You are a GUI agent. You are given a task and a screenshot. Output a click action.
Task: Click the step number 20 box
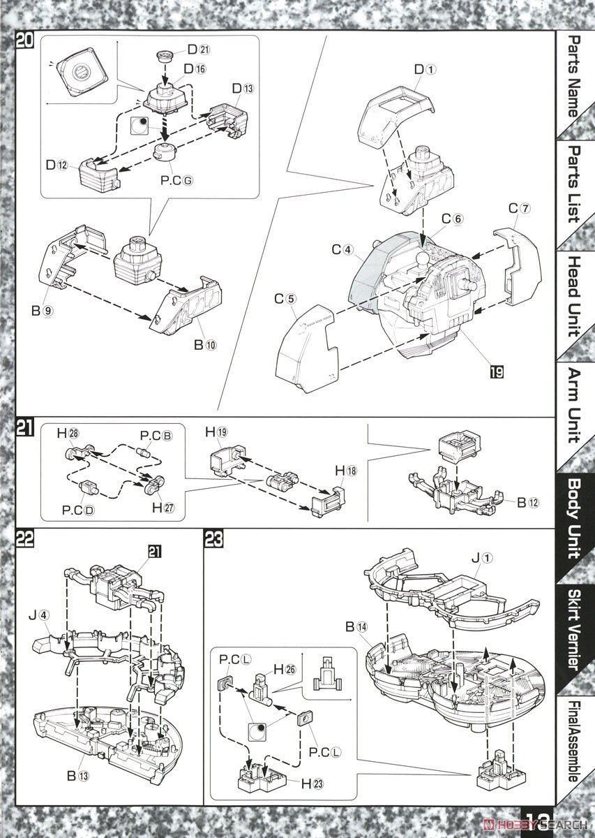pyautogui.click(x=24, y=41)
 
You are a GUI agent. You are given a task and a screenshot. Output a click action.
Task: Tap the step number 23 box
pyautogui.click(x=213, y=538)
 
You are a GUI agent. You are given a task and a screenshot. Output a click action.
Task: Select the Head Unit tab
pyautogui.click(x=573, y=297)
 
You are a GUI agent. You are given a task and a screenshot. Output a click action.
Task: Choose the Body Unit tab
pyautogui.click(x=573, y=517)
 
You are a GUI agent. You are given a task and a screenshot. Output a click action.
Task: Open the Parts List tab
pyautogui.click(x=573, y=183)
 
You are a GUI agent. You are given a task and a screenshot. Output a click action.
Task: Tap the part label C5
pyautogui.click(x=285, y=299)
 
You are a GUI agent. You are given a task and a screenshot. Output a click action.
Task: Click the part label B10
pyautogui.click(x=203, y=342)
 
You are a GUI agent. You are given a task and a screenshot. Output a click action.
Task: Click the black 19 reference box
pyautogui.click(x=496, y=372)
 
